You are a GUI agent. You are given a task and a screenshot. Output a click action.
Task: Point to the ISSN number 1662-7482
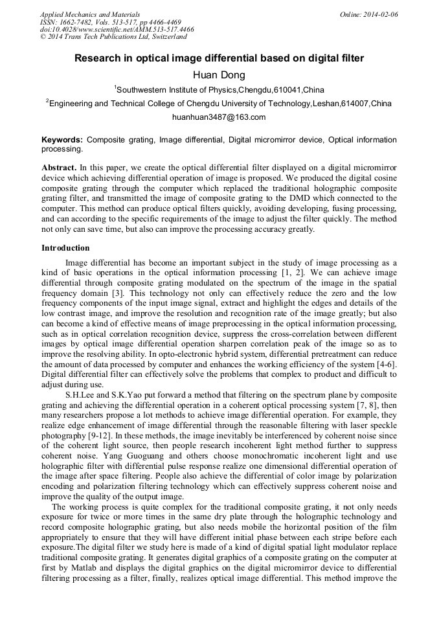(77, 22)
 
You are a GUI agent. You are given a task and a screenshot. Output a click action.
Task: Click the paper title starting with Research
(219, 58)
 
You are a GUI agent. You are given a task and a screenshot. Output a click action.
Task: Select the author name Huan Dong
(219, 75)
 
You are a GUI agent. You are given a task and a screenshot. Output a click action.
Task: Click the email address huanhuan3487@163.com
(219, 117)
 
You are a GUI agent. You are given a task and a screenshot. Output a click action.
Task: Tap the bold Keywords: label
(62, 140)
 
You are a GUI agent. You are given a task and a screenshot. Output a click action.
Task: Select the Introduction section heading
(65, 248)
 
